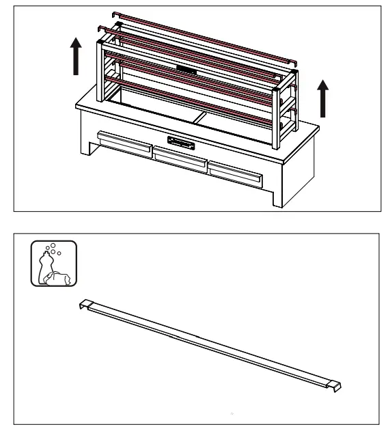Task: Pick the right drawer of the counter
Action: click(x=236, y=175)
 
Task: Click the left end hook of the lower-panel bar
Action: click(x=85, y=304)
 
